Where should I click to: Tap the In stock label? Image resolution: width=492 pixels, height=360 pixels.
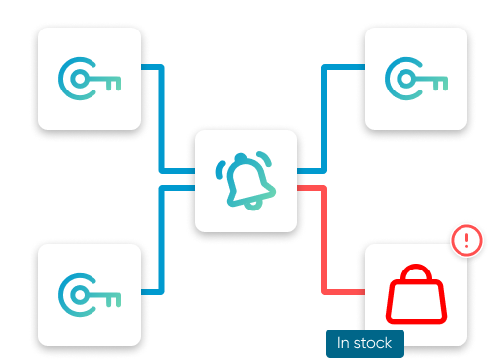coord(364,343)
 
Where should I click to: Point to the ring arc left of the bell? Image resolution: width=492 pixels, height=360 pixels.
coord(219,168)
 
